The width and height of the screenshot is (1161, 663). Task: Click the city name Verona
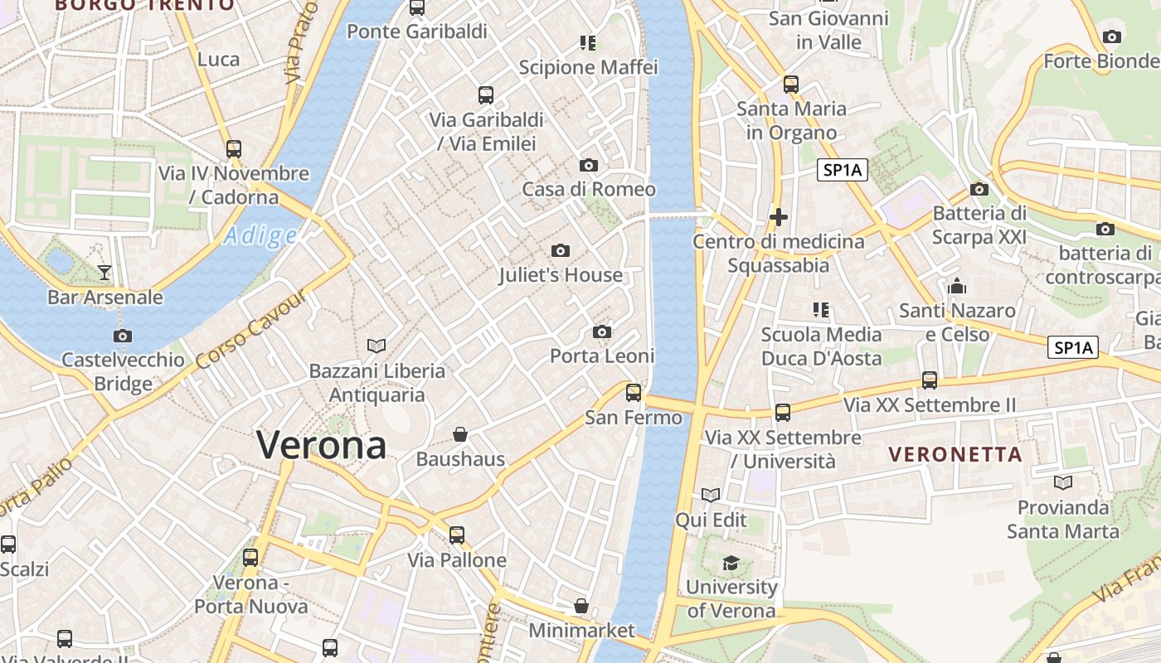click(x=321, y=445)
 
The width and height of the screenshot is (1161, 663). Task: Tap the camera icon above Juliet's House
click(x=561, y=250)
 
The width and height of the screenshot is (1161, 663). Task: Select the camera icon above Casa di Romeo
click(x=589, y=165)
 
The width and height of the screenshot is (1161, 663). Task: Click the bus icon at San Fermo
click(x=634, y=393)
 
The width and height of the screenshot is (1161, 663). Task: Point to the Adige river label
click(x=260, y=236)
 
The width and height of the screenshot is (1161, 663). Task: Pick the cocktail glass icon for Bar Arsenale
click(x=104, y=272)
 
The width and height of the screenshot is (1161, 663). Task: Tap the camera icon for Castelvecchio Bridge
click(x=123, y=336)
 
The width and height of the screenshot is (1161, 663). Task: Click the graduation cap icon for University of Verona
click(x=731, y=564)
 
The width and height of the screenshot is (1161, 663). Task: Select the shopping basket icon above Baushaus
click(x=460, y=434)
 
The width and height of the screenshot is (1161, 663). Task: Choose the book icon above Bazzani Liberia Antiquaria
click(x=376, y=346)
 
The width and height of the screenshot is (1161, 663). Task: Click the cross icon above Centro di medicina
click(x=778, y=217)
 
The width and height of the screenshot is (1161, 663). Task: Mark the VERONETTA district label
click(x=955, y=454)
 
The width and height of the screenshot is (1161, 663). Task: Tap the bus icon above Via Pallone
click(x=457, y=535)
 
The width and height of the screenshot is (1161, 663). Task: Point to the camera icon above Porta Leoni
click(x=602, y=332)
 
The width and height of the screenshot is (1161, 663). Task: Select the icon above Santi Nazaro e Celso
click(x=957, y=287)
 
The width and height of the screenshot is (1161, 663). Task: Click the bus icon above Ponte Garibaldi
click(x=417, y=7)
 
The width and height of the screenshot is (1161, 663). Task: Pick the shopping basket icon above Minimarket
click(x=581, y=607)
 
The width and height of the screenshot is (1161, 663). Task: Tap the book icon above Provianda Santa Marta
click(x=1063, y=482)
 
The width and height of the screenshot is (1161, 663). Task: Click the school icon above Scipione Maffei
click(x=588, y=42)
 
